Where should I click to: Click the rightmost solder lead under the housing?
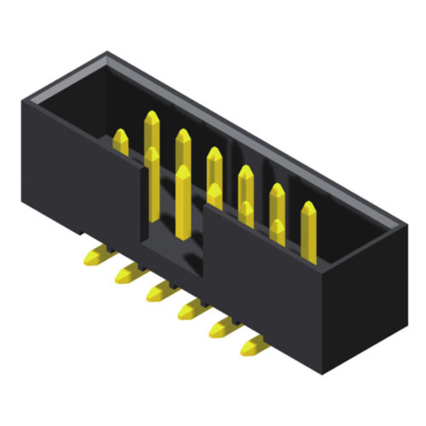click(253, 346)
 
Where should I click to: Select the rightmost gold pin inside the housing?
click(308, 230)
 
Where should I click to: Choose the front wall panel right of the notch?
click(264, 273)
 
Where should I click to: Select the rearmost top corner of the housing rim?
click(106, 53)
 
